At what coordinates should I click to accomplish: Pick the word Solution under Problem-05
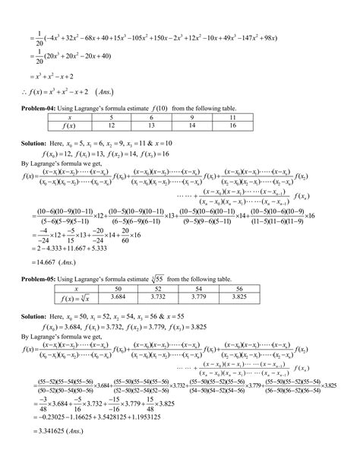pyautogui.click(x=35, y=314)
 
